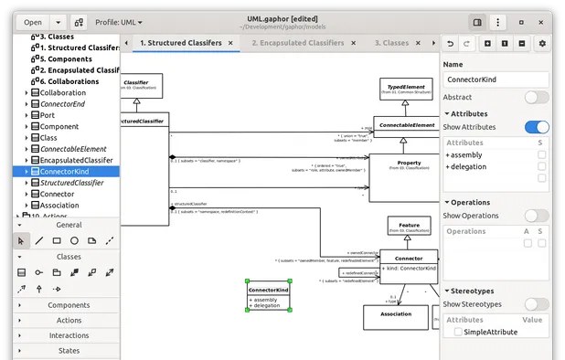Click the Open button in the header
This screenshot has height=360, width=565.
32,22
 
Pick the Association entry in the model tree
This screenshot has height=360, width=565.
59,206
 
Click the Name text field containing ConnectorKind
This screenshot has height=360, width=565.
496,79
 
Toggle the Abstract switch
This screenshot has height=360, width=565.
536,97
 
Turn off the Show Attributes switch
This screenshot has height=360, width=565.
536,128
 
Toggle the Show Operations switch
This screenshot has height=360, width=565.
536,216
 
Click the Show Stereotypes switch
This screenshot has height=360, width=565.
536,304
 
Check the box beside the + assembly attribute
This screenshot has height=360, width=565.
541,155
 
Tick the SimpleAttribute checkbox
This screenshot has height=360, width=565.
456,334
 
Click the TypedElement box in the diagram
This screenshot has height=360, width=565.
407,88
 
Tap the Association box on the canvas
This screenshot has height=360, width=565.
395,316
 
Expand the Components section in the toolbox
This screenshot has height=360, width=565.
69,305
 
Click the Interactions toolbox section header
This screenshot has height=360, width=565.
69,335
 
